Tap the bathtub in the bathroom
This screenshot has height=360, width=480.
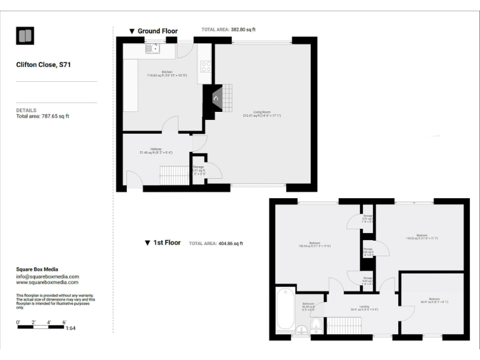tap(286, 309)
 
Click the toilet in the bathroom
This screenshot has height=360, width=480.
tap(316, 324)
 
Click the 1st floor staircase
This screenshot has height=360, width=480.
tap(341, 325)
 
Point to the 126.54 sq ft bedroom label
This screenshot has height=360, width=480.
tap(314, 244)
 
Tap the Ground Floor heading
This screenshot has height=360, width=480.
tap(157, 31)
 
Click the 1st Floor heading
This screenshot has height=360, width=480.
tap(167, 242)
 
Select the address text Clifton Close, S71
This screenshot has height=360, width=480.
tap(44, 64)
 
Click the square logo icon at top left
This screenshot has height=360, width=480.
tap(25, 36)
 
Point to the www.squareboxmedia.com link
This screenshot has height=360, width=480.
tap(47, 282)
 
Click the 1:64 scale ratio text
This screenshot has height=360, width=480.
tap(70, 329)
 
